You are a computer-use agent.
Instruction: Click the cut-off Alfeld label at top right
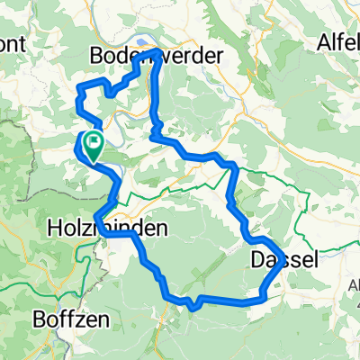click(x=337, y=40)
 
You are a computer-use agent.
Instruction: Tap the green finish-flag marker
click(x=92, y=143)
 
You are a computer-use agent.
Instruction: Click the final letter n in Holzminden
click(x=160, y=229)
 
